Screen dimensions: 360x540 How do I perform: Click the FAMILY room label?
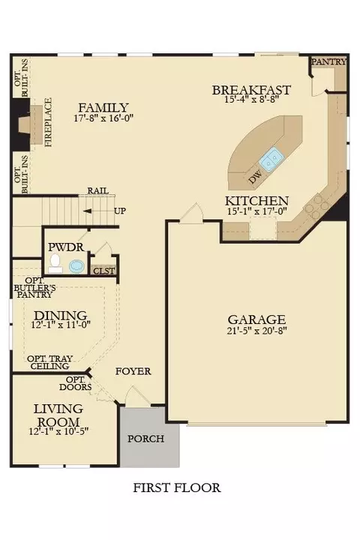[103, 107]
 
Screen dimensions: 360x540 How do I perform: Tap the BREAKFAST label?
[251, 90]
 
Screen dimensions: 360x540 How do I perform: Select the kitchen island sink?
[271, 159]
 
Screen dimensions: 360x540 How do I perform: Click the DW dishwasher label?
[255, 177]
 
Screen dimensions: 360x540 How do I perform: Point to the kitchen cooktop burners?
[316, 206]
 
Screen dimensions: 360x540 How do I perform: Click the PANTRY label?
[329, 61]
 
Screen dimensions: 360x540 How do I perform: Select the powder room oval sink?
[76, 266]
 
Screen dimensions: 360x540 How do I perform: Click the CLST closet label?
[104, 271]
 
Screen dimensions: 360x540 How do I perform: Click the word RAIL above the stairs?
[97, 190]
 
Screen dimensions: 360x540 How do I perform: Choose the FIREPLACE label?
[48, 122]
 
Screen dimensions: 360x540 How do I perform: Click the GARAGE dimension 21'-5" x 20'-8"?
[257, 330]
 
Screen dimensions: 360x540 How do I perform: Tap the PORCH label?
[145, 439]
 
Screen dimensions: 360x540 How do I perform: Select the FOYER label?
[133, 371]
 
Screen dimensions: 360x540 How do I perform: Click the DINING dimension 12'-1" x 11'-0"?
[61, 325]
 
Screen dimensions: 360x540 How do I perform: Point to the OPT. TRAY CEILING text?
[50, 362]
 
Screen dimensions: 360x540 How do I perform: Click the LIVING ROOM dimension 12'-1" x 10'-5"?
[59, 430]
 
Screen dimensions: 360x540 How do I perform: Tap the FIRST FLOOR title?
[177, 487]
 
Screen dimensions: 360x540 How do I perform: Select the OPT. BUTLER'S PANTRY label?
[34, 287]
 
